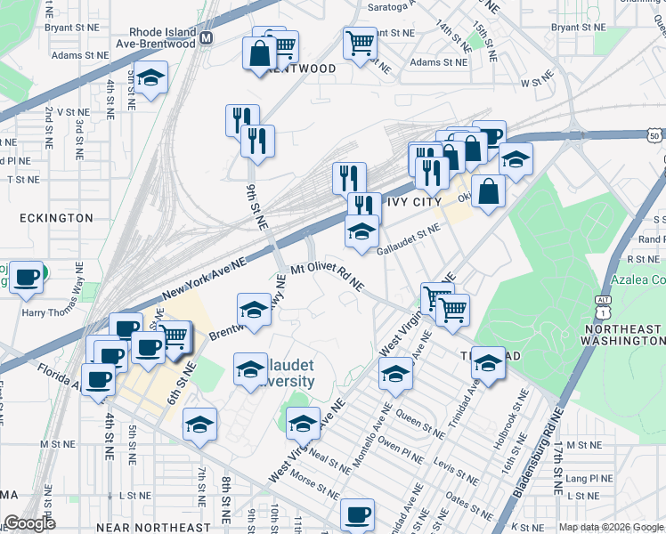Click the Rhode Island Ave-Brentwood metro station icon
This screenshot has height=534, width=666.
[x=207, y=38]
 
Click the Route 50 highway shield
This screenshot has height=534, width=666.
[x=654, y=135]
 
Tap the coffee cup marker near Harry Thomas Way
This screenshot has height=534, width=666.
[x=28, y=277]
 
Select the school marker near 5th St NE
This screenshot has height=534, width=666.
[x=151, y=78]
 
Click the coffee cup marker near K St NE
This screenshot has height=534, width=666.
[x=358, y=514]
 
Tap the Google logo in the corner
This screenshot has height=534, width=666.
[x=29, y=523]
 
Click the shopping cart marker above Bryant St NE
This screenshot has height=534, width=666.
[x=360, y=42]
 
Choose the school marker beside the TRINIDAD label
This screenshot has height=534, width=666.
[x=488, y=362]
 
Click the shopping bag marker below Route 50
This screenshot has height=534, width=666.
[x=488, y=190]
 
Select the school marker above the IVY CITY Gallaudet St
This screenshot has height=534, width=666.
[x=361, y=231]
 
